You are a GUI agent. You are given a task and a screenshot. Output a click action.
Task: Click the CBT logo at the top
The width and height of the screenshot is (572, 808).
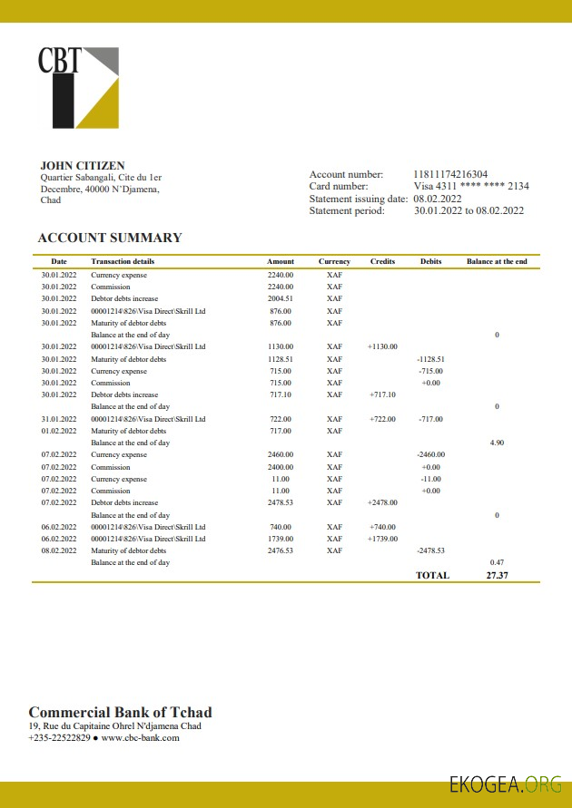(78, 87)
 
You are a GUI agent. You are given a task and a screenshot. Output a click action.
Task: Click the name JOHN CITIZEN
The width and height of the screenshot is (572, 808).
(83, 166)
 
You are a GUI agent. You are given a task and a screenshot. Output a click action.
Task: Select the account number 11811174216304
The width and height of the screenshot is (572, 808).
(450, 174)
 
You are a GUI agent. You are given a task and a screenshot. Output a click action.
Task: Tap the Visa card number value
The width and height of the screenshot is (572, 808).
(471, 186)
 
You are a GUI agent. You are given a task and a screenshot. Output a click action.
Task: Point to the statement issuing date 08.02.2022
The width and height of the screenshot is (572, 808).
(438, 199)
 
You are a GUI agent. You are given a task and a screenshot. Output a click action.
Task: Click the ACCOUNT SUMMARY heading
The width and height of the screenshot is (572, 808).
(110, 239)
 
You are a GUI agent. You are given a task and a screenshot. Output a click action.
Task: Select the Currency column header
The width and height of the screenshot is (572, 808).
(334, 262)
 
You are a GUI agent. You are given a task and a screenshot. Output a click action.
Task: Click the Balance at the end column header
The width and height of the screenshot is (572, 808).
(497, 262)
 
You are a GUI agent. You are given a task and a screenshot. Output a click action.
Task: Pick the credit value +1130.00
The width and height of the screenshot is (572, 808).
(382, 346)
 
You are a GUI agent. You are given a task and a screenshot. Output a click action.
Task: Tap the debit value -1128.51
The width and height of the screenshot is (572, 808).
(430, 359)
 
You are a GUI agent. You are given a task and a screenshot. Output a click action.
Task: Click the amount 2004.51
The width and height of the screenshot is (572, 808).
(281, 298)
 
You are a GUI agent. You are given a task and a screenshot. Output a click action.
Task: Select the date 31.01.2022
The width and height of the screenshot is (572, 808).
(59, 419)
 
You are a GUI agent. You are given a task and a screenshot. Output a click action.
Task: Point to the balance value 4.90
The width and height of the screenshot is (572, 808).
(497, 443)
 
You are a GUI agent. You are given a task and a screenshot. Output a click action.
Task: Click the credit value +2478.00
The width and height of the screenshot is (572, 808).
(382, 502)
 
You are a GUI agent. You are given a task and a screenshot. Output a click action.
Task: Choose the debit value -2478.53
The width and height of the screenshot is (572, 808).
(430, 550)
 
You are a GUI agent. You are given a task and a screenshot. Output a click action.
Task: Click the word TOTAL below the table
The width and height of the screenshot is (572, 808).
(432, 575)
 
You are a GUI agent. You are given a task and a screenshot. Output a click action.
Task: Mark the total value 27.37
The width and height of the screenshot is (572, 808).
(497, 575)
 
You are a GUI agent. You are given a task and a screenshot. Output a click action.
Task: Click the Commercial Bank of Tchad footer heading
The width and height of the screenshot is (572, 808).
(120, 712)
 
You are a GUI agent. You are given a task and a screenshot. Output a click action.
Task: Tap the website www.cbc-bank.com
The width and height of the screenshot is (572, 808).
(140, 738)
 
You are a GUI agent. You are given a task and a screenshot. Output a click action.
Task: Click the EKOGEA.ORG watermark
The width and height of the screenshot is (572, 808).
(506, 785)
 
